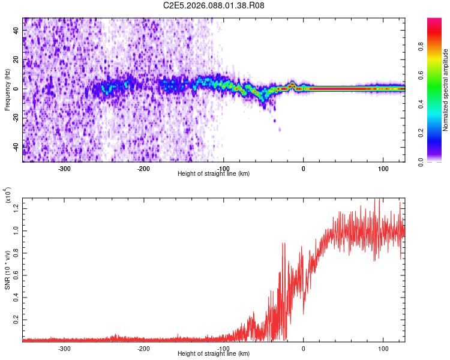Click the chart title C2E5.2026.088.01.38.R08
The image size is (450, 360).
[x=214, y=5]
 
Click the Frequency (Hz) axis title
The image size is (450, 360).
[x=7, y=90]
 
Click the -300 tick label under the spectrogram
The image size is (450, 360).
[x=64, y=167]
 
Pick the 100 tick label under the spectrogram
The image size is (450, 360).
[x=383, y=167]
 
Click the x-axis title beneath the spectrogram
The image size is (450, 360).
[x=214, y=173]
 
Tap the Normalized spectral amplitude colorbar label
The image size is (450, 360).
[x=446, y=90]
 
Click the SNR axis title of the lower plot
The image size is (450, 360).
[x=7, y=268]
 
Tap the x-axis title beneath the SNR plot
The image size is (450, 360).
[x=214, y=354]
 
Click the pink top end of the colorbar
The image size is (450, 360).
[x=434, y=22]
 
